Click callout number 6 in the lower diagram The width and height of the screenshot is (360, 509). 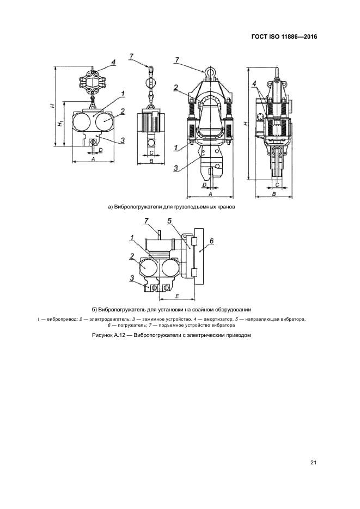(212, 241)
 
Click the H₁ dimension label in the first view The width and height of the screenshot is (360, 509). (60, 124)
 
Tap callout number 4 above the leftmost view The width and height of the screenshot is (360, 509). (113, 63)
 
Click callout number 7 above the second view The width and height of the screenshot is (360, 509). (131, 56)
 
